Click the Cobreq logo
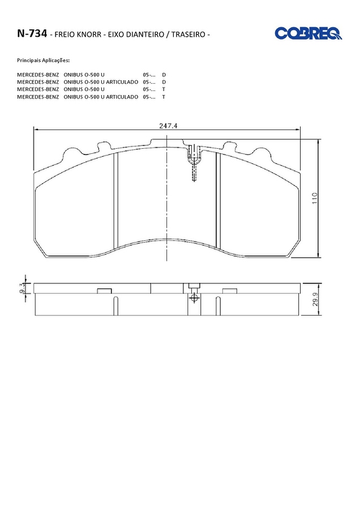coord(308,33)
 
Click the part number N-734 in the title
coord(32,33)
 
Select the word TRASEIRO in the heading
coord(188,34)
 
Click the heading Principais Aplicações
coord(43,61)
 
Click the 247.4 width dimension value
coord(168,126)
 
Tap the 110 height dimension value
coord(315,198)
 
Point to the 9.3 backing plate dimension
coord(22,288)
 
